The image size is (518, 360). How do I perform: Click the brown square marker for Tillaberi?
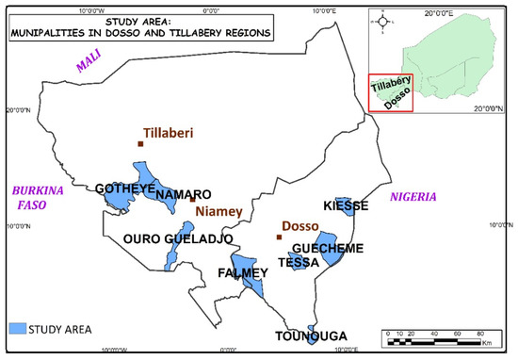coord(140,144)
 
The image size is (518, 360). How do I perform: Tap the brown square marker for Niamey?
coord(193,199)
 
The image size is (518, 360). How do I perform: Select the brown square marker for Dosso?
coord(279,237)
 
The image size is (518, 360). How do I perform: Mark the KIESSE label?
coord(345,205)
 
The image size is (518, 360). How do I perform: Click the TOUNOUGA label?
coord(311,335)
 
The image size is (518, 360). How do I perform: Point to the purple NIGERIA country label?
coord(413,197)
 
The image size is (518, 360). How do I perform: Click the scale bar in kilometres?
coord(441,334)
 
